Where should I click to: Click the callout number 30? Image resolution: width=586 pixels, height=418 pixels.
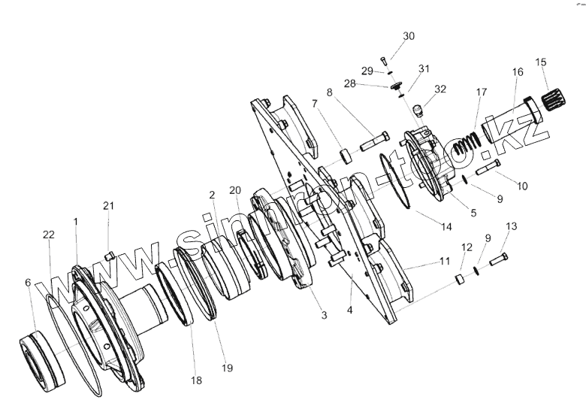[x=408, y=36]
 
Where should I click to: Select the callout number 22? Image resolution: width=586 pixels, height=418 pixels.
[x=48, y=235]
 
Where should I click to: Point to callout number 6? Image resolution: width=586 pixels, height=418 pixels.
[x=28, y=282]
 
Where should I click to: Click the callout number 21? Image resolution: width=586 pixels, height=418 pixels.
[x=109, y=205]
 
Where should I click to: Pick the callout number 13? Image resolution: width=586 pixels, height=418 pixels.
[x=511, y=226]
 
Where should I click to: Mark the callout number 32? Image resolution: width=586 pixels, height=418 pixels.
[x=440, y=88]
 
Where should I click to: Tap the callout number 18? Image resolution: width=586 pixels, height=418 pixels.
[x=196, y=381]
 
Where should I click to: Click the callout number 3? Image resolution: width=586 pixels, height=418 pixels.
[x=324, y=316]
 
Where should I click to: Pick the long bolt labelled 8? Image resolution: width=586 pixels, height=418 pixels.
[x=375, y=141]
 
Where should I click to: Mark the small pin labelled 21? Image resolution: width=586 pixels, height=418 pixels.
[x=109, y=254]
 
